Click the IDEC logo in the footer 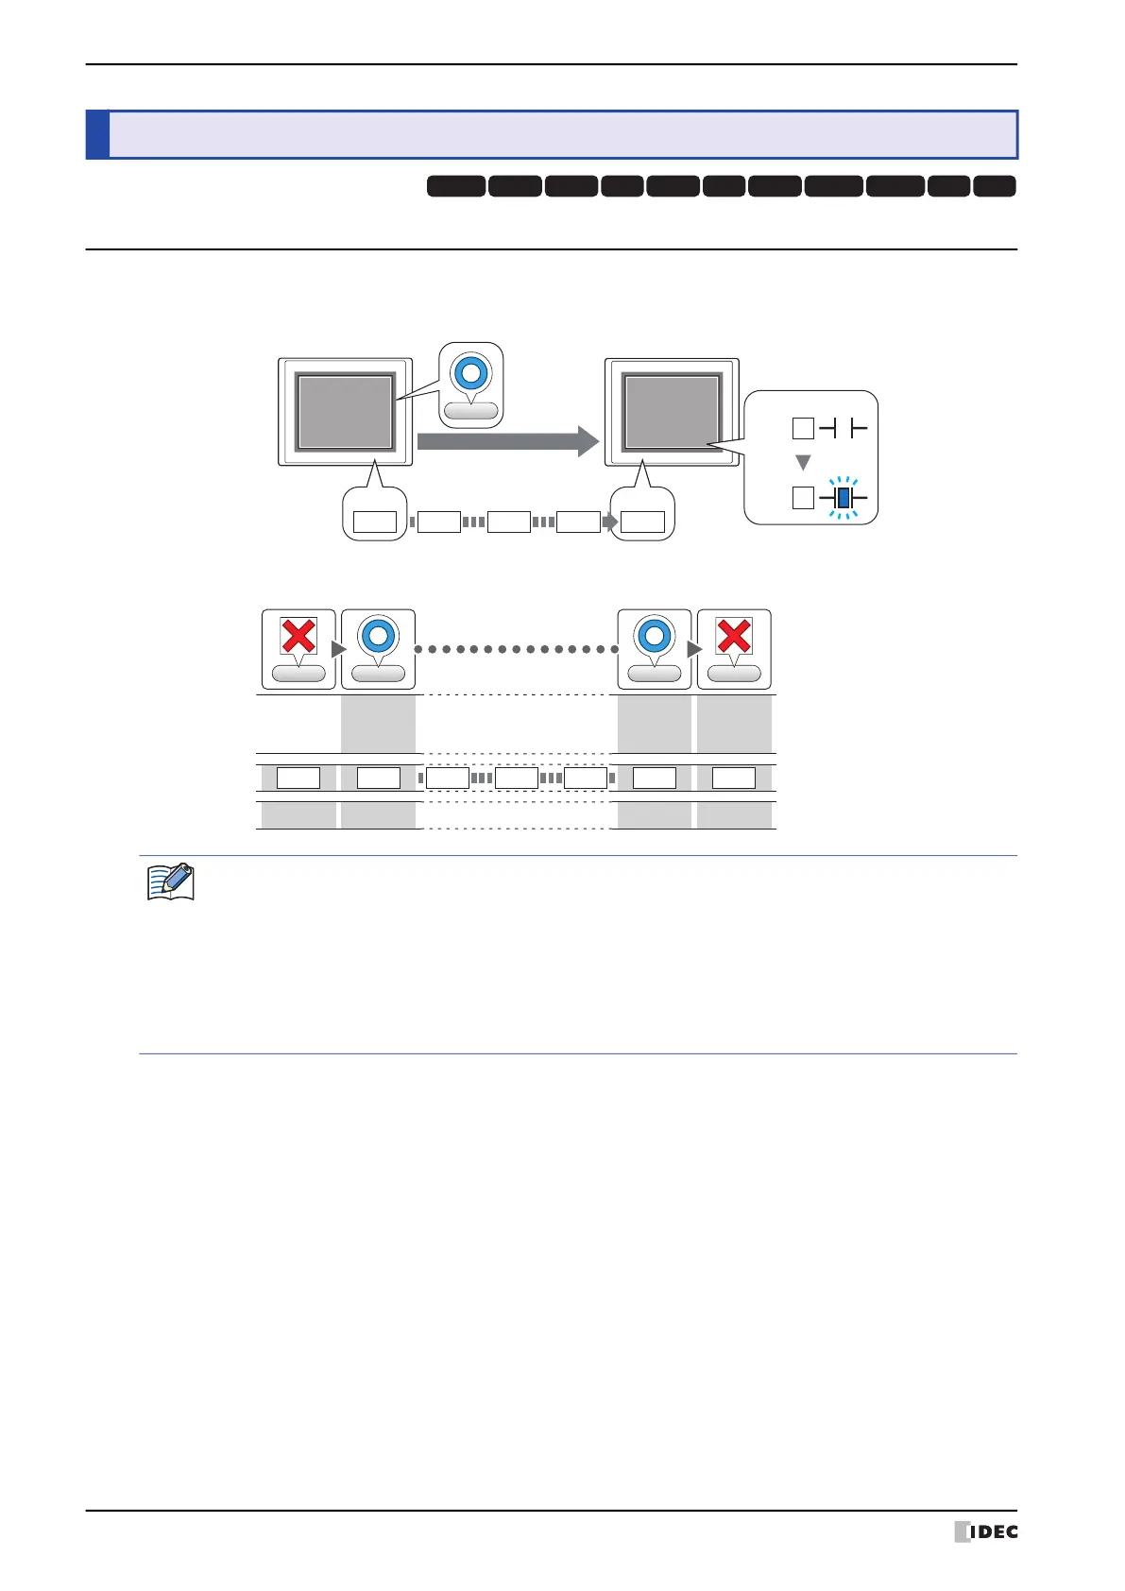click(x=986, y=1531)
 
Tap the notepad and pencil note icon click(x=171, y=881)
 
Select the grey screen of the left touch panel click(x=345, y=412)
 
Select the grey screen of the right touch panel click(x=672, y=412)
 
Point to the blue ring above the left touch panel click(x=470, y=373)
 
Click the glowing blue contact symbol click(x=844, y=497)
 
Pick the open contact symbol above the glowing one click(x=844, y=429)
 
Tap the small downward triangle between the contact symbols click(x=803, y=463)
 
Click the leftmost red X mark click(x=298, y=636)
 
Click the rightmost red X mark click(x=734, y=636)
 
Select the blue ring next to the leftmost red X click(x=378, y=636)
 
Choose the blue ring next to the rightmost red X click(x=654, y=636)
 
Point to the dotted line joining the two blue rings click(x=516, y=649)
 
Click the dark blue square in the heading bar click(x=97, y=135)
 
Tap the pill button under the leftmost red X click(x=298, y=674)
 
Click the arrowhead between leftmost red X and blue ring click(x=339, y=649)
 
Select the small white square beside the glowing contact click(x=803, y=497)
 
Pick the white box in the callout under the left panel click(x=374, y=522)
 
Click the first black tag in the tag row click(x=456, y=186)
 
